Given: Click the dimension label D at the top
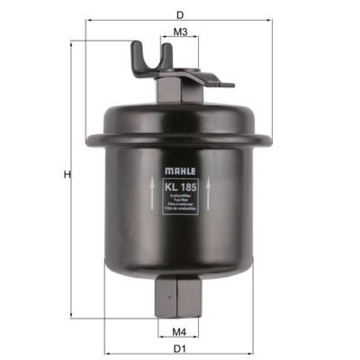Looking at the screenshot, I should [181, 15].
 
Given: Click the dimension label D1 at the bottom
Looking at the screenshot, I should [179, 348].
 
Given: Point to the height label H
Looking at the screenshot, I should [66, 175].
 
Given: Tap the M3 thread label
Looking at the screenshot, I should [180, 32].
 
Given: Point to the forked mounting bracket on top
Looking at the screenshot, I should [148, 58].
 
